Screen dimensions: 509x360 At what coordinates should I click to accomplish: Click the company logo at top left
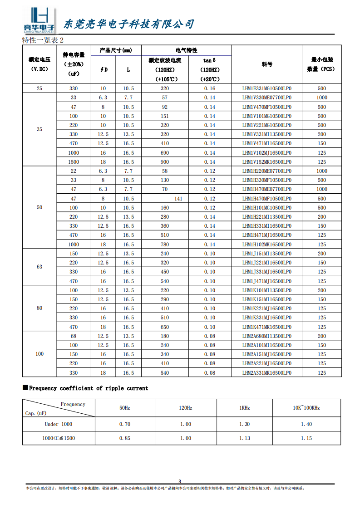coord(39,21)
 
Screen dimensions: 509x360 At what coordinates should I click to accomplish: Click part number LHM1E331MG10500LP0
coord(267,88)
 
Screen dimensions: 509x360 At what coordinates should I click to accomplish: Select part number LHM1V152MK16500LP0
coord(267,162)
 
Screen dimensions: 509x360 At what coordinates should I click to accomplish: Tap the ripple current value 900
coord(165,162)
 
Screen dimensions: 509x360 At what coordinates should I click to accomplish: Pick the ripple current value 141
coord(178,199)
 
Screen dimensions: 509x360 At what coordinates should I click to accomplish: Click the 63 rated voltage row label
coord(39,267)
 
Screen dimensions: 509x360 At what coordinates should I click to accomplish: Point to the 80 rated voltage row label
coord(39,308)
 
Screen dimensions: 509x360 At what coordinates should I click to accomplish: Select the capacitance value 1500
coord(74,162)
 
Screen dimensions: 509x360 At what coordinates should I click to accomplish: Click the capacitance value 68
coord(74,336)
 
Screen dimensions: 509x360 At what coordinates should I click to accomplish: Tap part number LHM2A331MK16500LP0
coord(267,373)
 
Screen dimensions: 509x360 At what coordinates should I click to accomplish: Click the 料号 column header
coord(267,64)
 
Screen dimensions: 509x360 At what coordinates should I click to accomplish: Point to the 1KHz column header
coord(244,408)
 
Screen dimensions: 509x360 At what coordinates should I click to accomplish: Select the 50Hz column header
coord(125,408)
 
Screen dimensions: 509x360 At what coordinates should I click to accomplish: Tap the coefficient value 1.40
coord(306,424)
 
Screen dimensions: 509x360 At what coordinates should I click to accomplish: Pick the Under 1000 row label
coord(58,424)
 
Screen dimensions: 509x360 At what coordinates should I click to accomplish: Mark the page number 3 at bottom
coord(180,481)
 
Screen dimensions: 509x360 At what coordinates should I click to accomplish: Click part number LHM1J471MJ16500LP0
coord(267,281)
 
